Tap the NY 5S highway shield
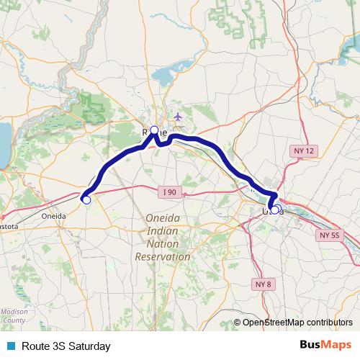click(329, 235)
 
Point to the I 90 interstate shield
click(169, 192)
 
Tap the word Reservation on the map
click(163, 256)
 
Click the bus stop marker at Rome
click(153, 130)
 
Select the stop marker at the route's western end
click(86, 200)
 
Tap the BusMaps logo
click(325, 345)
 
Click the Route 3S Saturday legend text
click(66, 346)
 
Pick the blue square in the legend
click(11, 346)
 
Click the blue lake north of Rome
click(168, 74)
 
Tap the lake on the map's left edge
click(3, 143)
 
